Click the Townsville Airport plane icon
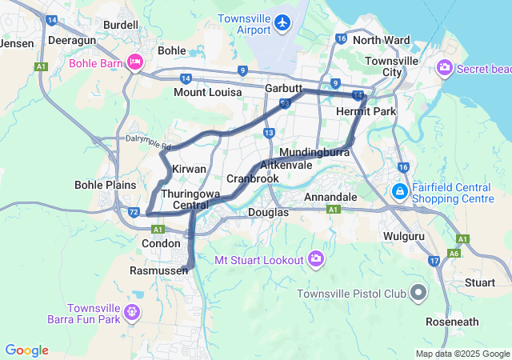pyautogui.click(x=282, y=22)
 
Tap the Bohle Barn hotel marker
pyautogui.click(x=134, y=62)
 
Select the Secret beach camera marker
pyautogui.click(x=445, y=69)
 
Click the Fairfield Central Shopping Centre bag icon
pyautogui.click(x=398, y=192)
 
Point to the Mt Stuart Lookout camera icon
pyautogui.click(x=317, y=259)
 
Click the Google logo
pyautogui.click(x=26, y=350)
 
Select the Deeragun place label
pyautogui.click(x=72, y=38)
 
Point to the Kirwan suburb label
pyautogui.click(x=190, y=170)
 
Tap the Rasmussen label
pyautogui.click(x=158, y=271)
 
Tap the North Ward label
pyautogui.click(x=381, y=40)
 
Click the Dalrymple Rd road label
pyautogui.click(x=148, y=142)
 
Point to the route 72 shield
pyautogui.click(x=134, y=212)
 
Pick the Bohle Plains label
pyautogui.click(x=106, y=185)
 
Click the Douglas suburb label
pyautogui.click(x=268, y=212)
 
